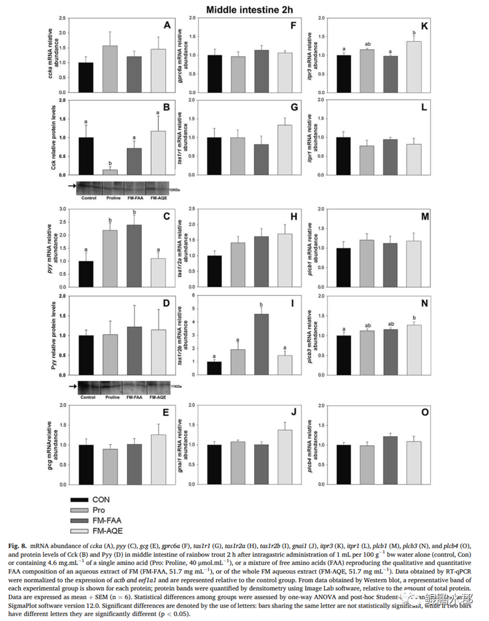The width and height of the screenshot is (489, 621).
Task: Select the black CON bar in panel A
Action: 86,77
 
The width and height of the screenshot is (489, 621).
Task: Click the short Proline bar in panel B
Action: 110,172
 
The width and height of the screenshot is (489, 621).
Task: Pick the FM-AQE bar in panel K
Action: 414,66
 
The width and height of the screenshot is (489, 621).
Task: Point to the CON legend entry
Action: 101,499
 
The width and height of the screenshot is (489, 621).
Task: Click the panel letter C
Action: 167,216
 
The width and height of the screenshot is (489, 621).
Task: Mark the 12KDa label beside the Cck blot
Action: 174,190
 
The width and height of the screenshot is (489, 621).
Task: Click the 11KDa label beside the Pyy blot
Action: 175,386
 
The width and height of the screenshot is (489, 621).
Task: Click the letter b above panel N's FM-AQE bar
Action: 413,317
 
